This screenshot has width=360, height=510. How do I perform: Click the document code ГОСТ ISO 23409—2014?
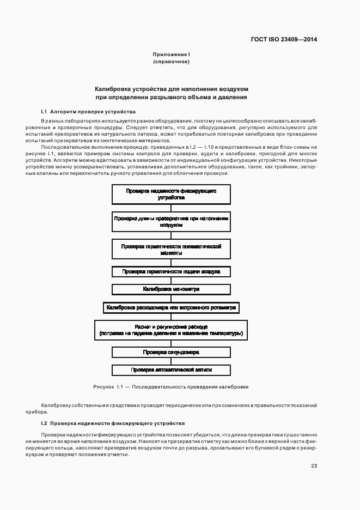tap(284, 39)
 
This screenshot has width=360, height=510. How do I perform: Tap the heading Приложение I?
tap(171, 54)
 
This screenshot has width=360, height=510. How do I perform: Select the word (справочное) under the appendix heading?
tap(171, 62)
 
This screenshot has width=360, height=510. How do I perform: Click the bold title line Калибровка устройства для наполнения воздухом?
tap(171, 88)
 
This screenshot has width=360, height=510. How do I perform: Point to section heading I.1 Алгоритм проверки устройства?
tap(88, 111)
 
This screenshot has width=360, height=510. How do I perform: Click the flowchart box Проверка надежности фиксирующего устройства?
tap(171, 195)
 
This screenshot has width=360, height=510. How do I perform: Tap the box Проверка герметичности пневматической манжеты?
tap(171, 249)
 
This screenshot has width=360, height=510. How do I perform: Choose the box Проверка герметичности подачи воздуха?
tap(171, 271)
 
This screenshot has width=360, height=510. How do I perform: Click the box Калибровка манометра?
tap(171, 289)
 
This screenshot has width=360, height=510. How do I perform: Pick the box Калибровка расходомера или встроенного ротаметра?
tap(171, 307)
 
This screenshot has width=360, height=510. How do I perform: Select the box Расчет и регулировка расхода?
tap(171, 330)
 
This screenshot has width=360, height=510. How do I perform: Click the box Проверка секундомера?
tap(171, 352)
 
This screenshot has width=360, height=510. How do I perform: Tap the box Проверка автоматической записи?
tap(171, 370)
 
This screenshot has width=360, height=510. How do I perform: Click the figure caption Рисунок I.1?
tap(171, 386)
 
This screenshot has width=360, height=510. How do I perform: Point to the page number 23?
tap(314, 465)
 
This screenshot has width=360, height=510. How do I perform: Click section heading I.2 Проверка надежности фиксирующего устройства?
tap(113, 423)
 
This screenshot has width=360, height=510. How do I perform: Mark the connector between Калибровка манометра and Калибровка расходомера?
tap(171, 298)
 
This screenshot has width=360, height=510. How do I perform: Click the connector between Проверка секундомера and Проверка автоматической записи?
tap(171, 361)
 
